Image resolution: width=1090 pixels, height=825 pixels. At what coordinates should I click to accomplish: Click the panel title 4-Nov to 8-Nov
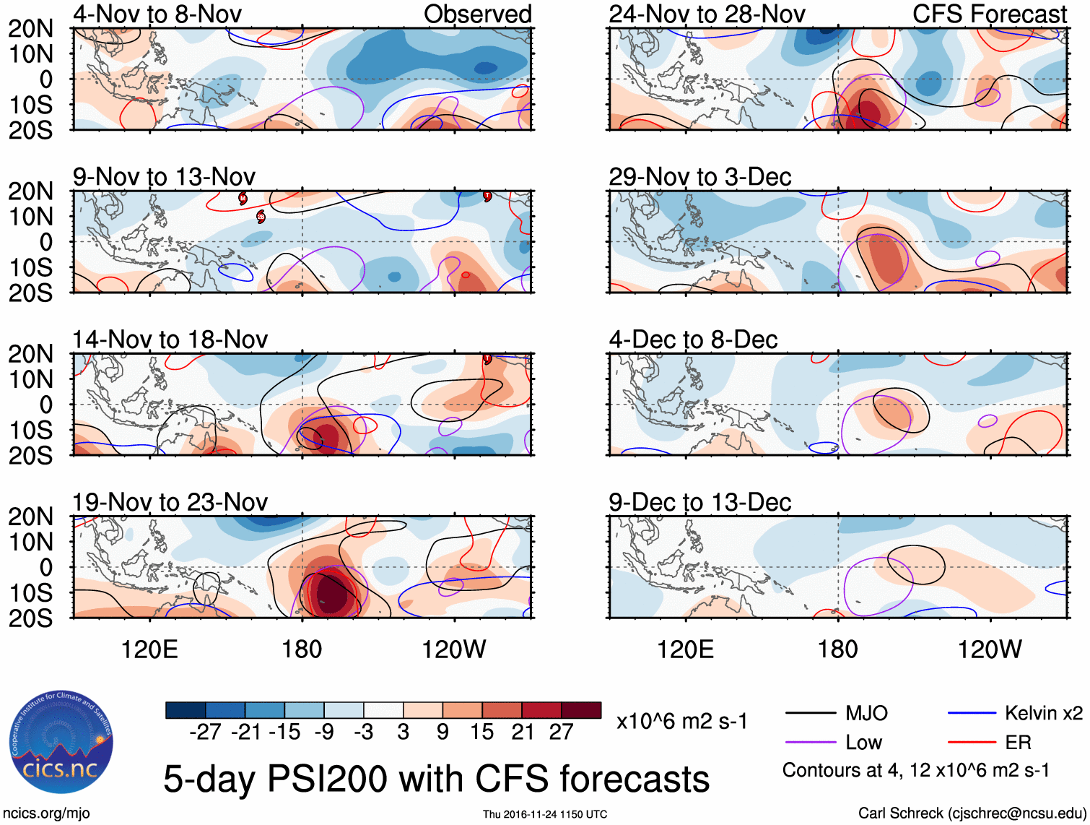[157, 14]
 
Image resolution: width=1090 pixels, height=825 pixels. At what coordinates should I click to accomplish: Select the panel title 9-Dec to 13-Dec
[699, 502]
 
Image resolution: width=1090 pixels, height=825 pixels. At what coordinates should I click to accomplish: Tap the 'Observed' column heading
[477, 14]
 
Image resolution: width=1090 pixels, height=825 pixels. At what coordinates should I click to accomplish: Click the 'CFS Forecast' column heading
[989, 14]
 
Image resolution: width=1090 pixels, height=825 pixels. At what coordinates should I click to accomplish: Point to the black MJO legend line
[810, 714]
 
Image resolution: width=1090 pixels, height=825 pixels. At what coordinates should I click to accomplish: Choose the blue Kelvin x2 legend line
[972, 714]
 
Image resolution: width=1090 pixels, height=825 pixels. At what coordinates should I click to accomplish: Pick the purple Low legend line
[810, 742]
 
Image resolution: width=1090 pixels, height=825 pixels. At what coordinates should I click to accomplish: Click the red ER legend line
[972, 742]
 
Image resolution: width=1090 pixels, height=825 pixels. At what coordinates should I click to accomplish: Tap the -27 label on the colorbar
[205, 732]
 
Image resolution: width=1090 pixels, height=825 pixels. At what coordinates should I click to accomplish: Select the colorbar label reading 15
[481, 732]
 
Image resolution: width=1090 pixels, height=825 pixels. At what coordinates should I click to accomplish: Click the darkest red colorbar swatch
[581, 710]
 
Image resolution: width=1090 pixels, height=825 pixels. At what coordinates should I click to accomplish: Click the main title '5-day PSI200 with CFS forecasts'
[436, 779]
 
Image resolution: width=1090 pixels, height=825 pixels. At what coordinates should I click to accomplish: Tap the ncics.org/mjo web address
[46, 813]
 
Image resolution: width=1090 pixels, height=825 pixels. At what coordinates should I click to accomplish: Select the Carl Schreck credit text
[972, 813]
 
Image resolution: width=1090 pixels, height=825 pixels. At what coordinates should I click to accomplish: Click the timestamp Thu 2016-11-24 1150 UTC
[545, 814]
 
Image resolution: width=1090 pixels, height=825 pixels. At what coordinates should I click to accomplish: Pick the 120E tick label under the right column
[685, 649]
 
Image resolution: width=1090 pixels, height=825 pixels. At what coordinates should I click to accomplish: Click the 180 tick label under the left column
[302, 649]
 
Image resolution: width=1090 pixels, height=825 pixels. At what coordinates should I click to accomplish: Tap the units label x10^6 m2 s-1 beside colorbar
[681, 721]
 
